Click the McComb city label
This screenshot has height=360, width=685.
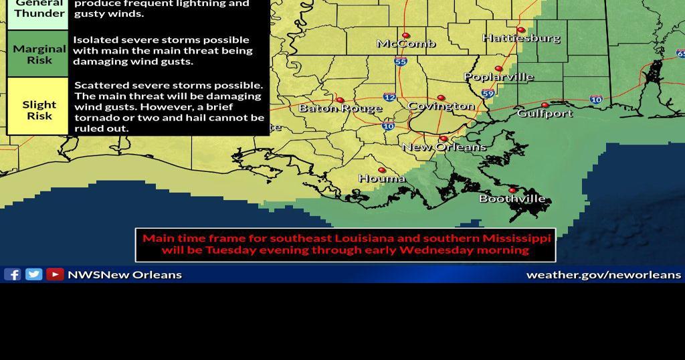coord(406,44)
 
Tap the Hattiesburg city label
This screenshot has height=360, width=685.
coord(521,38)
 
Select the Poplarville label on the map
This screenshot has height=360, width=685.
coord(499,77)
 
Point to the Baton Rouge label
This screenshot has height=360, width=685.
coord(340,108)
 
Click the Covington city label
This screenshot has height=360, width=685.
coord(441,106)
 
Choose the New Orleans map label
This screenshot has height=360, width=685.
coord(444,147)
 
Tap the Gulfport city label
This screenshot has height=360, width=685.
coord(545,114)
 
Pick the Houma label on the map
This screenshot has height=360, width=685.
coord(382,179)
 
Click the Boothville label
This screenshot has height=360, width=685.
coord(512,199)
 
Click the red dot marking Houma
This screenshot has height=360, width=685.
coord(382,170)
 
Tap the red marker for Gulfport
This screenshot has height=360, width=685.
coord(545,105)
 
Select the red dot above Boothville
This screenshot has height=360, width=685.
coord(513,191)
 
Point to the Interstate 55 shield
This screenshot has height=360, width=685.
coord(401,62)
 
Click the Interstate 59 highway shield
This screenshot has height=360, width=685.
coord(488,94)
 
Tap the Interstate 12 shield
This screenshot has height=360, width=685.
coord(389,98)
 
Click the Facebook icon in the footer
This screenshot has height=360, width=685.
coord(12,274)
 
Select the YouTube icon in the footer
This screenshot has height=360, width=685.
coord(55,274)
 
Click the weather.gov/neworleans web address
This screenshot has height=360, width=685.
coord(603,275)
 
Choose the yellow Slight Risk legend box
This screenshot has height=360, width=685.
coord(38,106)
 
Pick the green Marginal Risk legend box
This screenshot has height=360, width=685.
coord(38,54)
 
